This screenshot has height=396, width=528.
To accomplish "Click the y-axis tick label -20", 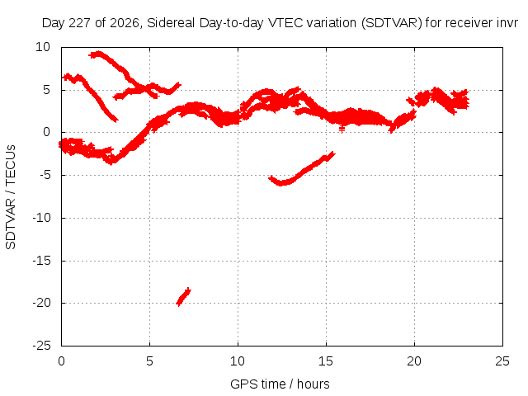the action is coord(41,303).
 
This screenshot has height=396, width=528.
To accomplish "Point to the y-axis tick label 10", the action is coord(43,47).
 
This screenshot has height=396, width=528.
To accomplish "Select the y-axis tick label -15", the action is coord(41,261).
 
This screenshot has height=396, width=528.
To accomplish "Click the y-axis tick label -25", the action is coord(41,346).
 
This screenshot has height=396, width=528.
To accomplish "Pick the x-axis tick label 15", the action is coord(326,361).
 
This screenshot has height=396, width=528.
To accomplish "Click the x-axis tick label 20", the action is coord(414,361).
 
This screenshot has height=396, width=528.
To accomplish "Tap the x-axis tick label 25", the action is coord(502,361).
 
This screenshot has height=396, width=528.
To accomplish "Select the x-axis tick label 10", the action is coord(238,361).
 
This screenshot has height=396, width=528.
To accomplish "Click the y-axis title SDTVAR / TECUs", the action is coord(11,197).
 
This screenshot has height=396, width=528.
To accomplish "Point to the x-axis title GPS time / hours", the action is coord(280,384).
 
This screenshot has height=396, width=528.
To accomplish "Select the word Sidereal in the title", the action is coord(171,23).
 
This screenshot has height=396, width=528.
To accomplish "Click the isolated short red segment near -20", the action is coord(183,297).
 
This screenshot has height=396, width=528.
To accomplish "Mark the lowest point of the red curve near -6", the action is coord(281,183).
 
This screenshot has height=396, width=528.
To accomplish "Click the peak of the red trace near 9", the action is coord(98,53).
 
